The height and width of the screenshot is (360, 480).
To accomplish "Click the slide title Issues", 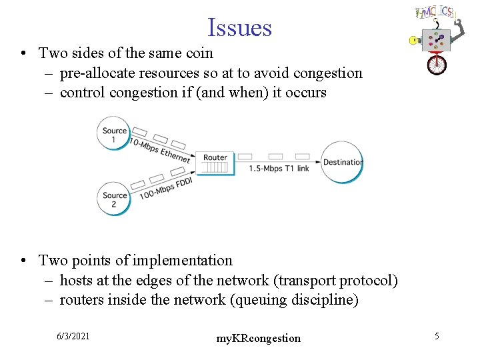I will [239, 28].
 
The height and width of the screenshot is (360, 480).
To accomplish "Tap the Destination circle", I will [343, 162].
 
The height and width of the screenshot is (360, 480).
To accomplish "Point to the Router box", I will [215, 162].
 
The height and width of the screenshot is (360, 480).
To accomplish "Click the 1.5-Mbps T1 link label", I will [279, 169].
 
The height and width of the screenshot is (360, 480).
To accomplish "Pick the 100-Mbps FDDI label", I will [166, 189].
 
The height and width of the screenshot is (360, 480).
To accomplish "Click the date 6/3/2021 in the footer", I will [73, 336].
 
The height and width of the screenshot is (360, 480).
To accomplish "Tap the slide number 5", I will [437, 336].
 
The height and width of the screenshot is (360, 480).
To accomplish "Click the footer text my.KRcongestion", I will [259, 339].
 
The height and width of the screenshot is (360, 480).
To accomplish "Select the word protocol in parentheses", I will [368, 281].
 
